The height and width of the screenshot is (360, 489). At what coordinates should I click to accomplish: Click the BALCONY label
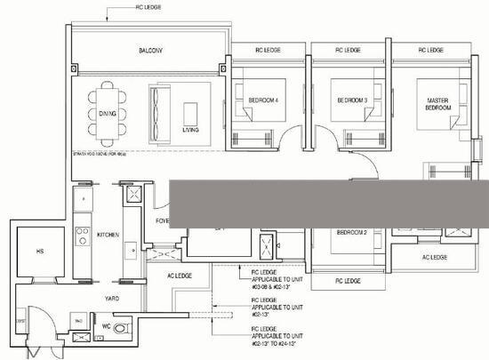[149, 51]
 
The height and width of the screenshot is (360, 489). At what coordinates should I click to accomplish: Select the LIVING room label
[190, 130]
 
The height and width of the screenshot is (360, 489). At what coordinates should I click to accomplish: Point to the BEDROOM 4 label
[263, 100]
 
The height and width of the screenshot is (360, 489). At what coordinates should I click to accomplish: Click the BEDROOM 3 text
[352, 100]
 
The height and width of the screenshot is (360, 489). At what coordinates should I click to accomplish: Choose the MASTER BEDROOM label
[437, 104]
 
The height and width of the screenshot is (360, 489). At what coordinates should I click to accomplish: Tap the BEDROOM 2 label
[352, 232]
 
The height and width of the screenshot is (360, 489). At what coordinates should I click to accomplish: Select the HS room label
[39, 252]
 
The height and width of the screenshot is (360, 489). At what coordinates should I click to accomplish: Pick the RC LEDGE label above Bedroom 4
[269, 51]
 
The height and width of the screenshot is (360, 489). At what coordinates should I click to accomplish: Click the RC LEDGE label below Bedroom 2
[349, 280]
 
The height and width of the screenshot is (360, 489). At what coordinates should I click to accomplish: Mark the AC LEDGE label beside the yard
[180, 276]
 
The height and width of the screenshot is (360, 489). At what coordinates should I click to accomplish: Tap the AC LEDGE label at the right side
[434, 257]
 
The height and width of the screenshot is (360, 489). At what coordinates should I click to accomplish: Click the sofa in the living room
[163, 109]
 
